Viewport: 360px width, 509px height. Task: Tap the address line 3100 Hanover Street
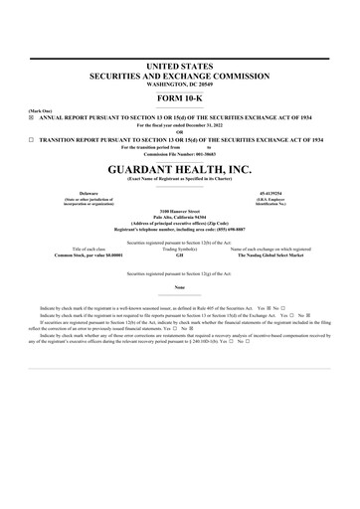180,213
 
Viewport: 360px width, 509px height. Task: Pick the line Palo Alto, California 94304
180,219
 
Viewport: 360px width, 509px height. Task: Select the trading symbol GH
179,254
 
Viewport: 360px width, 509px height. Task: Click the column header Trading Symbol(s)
179,249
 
